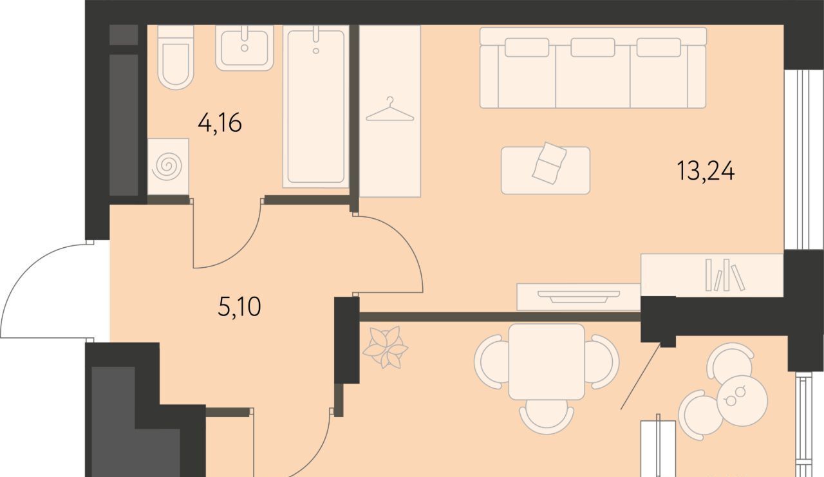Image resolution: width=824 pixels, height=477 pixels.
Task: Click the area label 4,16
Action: coord(220,123)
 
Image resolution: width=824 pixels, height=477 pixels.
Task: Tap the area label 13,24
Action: coord(706,171)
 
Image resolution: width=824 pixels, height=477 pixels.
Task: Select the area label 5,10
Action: coord(239,306)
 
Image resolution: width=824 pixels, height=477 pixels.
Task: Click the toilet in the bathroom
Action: coord(176,57)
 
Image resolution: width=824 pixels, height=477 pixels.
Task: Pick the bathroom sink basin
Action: coord(245,48)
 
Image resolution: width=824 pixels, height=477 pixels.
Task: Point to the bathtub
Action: coord(315,107)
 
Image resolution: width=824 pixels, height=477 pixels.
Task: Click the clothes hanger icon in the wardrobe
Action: coord(390,109)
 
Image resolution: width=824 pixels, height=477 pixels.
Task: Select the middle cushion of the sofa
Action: coord(593,48)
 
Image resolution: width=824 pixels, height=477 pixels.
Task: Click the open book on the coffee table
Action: coord(549,164)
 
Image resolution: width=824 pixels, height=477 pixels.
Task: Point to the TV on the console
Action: coord(579,297)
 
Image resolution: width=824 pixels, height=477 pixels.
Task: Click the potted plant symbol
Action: coord(386,347)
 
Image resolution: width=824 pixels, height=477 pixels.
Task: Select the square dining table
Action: coord(547,362)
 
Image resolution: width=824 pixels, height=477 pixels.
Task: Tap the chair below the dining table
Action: coord(547,416)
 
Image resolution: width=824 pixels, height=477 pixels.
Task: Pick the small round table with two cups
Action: coord(742,400)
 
